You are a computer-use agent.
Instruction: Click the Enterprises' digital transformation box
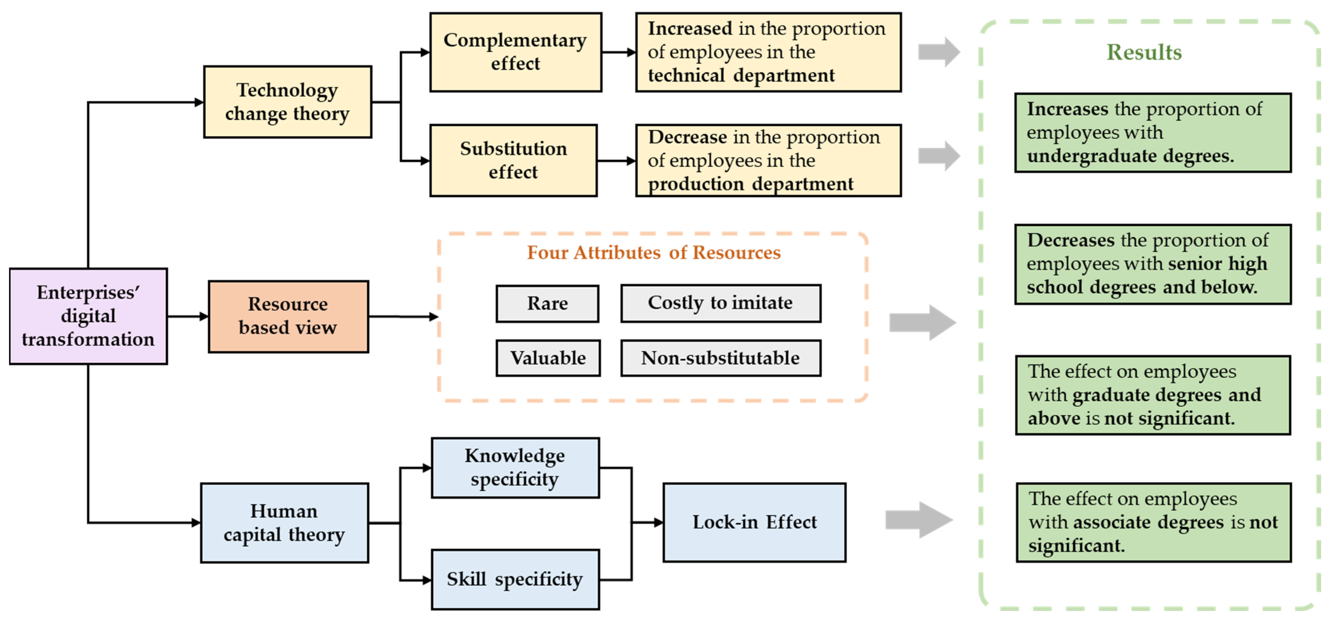coord(88,316)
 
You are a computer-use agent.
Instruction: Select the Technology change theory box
coord(287,102)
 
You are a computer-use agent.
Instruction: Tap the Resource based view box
coord(288,316)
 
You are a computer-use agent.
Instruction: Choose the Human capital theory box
coord(284,523)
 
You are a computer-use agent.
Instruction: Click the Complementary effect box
coord(515,52)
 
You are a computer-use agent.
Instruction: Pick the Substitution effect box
coord(514,160)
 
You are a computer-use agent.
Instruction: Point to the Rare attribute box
coord(547,303)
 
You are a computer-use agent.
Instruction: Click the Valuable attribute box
coord(548,358)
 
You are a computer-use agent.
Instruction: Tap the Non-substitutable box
coord(720,358)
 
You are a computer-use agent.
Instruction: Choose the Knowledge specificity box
coord(515,468)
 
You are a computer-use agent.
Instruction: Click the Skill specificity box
coord(515,579)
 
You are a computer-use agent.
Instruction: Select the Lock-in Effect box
coord(754,523)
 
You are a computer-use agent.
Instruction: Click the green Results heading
coord(1144,52)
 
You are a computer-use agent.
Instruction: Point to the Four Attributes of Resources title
coord(653,252)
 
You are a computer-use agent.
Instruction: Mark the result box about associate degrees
coord(1154,523)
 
